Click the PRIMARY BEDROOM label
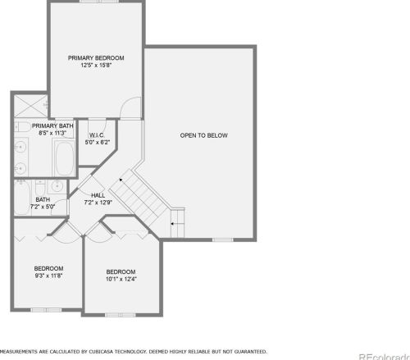[x=96, y=58]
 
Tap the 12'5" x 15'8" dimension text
[x=96, y=66]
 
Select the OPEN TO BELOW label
[x=203, y=135]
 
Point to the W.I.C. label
[x=97, y=135]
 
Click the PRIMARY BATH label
[x=52, y=126]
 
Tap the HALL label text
[x=98, y=195]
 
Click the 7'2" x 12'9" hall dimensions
[x=98, y=203]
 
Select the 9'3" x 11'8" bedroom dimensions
[x=48, y=276]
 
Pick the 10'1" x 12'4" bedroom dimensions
[x=121, y=279]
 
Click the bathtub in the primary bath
[x=64, y=158]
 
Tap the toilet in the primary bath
[x=22, y=127]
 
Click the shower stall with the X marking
[x=31, y=107]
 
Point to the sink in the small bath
[x=57, y=186]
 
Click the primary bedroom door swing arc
[x=129, y=104]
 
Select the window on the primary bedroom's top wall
[x=99, y=2]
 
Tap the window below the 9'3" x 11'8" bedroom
[x=46, y=310]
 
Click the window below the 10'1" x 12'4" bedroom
[x=121, y=315]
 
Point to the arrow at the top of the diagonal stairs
[x=121, y=180]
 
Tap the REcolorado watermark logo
[x=385, y=357]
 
